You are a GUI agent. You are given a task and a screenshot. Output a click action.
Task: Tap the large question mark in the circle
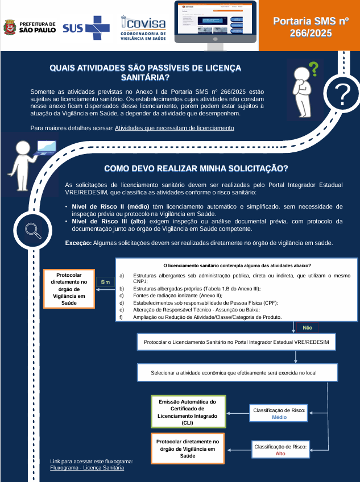(341, 96)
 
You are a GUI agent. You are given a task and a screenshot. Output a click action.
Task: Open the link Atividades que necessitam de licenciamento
(175, 128)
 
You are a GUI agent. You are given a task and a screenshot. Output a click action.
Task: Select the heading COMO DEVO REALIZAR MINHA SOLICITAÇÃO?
(196, 169)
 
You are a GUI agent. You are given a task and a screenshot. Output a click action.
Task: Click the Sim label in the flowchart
(105, 282)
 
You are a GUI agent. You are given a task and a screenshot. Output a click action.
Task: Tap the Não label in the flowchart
(307, 327)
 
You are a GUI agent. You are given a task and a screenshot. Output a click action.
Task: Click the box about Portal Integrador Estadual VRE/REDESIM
(237, 342)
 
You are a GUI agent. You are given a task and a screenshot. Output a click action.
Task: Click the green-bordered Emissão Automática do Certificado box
(188, 412)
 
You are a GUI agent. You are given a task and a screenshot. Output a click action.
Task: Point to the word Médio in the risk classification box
(279, 417)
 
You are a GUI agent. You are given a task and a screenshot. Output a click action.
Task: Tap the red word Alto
(280, 454)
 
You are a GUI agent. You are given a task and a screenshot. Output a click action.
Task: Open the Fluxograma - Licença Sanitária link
(87, 468)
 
